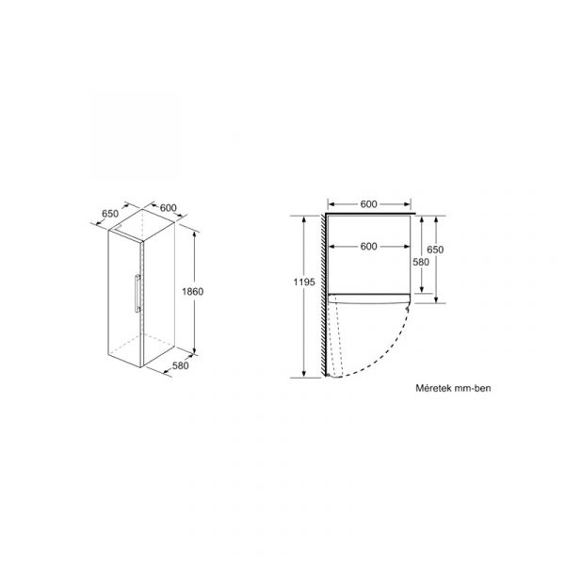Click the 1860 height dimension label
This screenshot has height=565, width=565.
[192, 291]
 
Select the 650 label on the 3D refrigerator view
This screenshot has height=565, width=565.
[110, 214]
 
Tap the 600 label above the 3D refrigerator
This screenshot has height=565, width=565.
[169, 208]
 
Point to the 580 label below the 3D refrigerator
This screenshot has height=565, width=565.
[180, 365]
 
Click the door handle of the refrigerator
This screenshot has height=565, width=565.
[137, 293]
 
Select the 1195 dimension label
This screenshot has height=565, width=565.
[304, 282]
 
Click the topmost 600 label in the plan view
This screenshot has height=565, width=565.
[368, 204]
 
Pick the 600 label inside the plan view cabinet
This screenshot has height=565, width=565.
[368, 247]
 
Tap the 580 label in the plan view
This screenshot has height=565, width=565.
[421, 262]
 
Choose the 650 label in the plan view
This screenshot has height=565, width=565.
[435, 250]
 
